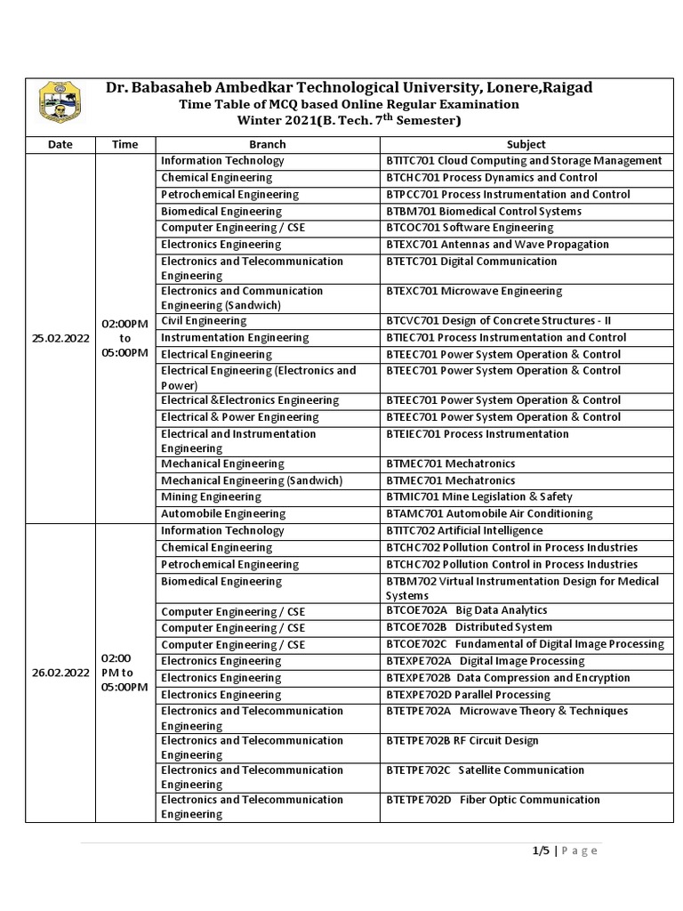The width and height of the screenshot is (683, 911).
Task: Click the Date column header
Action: click(60, 144)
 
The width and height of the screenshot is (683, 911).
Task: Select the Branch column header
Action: click(268, 144)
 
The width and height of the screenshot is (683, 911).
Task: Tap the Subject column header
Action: click(526, 144)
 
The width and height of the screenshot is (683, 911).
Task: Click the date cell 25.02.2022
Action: click(60, 338)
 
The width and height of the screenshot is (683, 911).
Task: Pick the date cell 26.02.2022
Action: click(60, 673)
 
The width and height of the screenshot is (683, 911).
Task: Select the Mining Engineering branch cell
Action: click(212, 497)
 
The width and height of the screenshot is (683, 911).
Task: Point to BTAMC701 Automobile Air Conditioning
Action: click(488, 514)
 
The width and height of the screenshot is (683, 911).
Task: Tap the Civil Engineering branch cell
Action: click(204, 321)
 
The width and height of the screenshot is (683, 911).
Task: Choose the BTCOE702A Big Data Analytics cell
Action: click(467, 611)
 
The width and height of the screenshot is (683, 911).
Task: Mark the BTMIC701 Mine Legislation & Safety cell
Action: click(479, 497)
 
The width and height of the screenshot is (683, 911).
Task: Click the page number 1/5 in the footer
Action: click(541, 851)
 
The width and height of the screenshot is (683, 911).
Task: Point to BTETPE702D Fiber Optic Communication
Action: click(493, 801)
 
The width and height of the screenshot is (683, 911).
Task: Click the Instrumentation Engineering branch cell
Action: click(235, 338)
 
